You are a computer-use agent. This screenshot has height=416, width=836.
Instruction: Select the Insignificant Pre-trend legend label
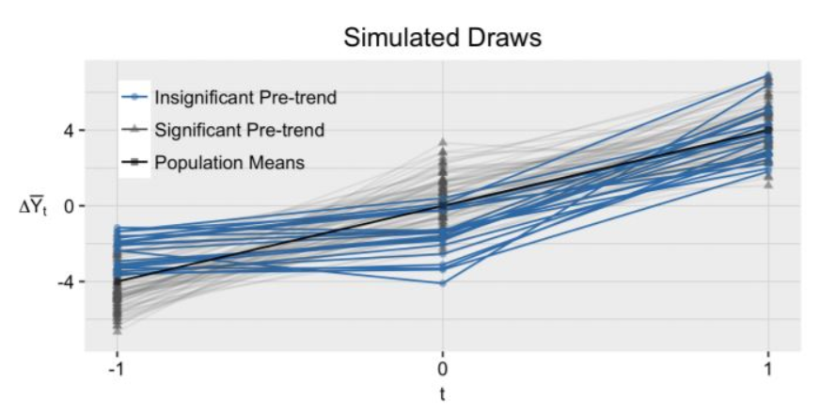(x=245, y=97)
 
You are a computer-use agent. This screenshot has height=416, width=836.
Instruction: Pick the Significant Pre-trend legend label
(x=239, y=129)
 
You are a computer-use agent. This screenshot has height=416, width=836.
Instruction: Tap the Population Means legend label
(x=229, y=162)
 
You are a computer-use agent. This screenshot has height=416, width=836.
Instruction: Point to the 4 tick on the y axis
(x=69, y=130)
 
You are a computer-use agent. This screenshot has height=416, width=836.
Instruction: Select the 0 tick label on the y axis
(x=69, y=205)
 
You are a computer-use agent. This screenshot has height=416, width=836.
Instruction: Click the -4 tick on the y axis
(x=65, y=281)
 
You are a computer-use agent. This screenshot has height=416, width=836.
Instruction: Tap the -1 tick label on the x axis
(x=116, y=368)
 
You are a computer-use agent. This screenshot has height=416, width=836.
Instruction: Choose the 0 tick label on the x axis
(x=442, y=368)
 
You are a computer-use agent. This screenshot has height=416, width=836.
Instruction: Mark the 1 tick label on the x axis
(x=768, y=368)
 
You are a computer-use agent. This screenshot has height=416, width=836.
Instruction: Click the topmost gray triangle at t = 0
(x=442, y=143)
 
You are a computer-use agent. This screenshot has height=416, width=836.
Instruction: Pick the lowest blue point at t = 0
(x=442, y=282)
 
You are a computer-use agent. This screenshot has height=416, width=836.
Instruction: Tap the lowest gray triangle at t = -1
(x=117, y=330)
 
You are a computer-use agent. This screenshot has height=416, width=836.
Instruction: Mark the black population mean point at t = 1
(x=768, y=130)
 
